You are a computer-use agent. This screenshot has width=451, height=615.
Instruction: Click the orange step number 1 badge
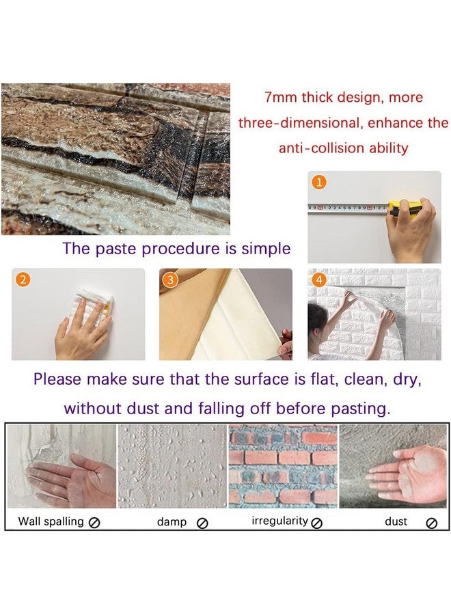click(x=319, y=182)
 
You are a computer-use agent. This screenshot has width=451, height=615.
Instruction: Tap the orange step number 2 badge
click(x=23, y=279)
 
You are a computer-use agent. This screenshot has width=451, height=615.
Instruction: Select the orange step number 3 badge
click(x=171, y=279)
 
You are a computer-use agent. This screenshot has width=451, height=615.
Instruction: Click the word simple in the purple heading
click(x=264, y=248)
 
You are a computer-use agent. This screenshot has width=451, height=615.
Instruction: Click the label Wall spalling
click(x=51, y=521)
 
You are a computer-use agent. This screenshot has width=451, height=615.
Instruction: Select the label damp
click(x=172, y=521)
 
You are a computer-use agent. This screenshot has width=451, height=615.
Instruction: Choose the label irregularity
click(x=279, y=521)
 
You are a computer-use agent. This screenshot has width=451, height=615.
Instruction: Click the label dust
click(x=396, y=521)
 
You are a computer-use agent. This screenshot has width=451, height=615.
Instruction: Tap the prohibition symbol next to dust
click(x=431, y=523)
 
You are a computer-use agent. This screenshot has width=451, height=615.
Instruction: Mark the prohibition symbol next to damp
click(x=202, y=523)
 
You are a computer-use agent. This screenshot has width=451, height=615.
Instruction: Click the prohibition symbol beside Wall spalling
click(x=94, y=523)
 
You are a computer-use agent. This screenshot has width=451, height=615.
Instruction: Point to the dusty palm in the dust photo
click(x=400, y=473)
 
